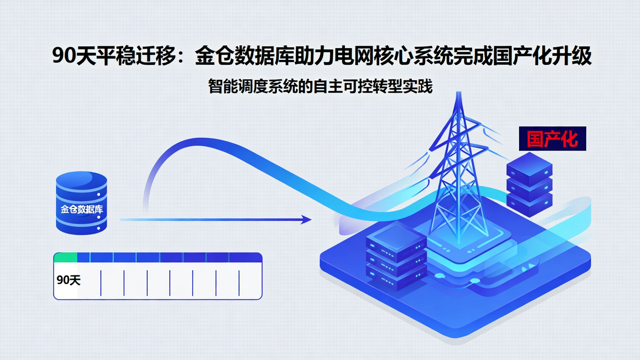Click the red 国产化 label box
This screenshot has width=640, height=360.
coord(552,139)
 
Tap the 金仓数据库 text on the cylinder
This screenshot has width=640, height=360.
coord(82,209)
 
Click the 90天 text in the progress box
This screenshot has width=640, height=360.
coord(69,280)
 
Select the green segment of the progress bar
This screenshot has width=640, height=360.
coord(66,257)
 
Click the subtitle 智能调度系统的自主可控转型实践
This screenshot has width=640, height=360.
coord(320,87)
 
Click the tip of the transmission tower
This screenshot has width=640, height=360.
coord(457,94)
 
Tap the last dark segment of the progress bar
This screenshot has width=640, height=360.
coord(245,257)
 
